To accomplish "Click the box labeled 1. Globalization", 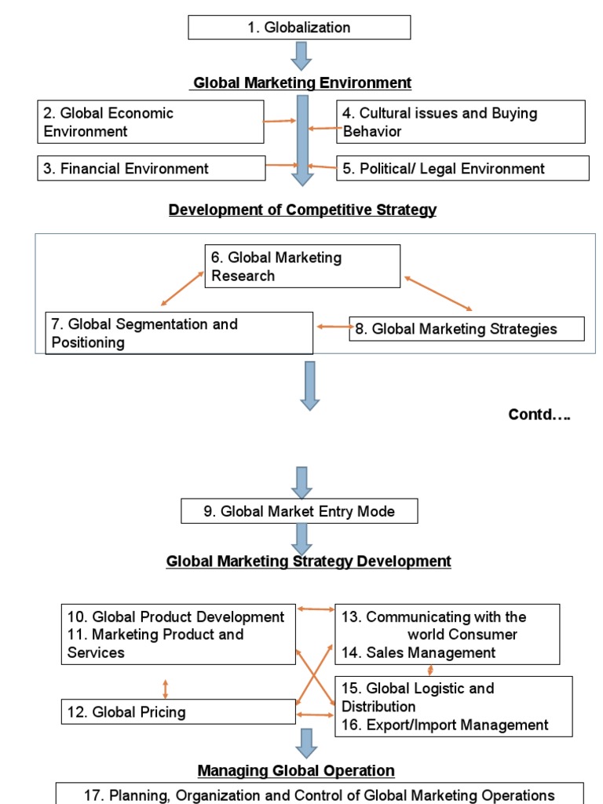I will tap(299, 27).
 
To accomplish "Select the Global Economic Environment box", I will tap(151, 122).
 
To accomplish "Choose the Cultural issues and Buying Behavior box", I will tap(461, 122).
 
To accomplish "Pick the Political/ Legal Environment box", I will tap(462, 168).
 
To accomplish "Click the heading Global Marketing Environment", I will tap(302, 82).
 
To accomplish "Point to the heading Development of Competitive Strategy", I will tap(302, 210).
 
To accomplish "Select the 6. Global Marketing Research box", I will tap(302, 266).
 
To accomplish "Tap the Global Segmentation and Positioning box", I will tap(179, 333).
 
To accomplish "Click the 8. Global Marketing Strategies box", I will tap(466, 329).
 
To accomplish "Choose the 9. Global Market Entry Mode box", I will tap(299, 511).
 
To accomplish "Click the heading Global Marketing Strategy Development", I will tap(309, 561).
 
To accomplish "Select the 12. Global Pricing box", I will tap(178, 712).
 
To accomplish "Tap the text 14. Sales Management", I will tap(418, 652).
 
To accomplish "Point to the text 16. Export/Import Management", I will tap(444, 725).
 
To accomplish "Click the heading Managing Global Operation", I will tap(296, 770).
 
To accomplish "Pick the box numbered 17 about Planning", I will tap(320, 794).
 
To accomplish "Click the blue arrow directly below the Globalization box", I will tap(301, 56).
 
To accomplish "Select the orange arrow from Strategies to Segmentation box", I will tap(332, 327).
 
